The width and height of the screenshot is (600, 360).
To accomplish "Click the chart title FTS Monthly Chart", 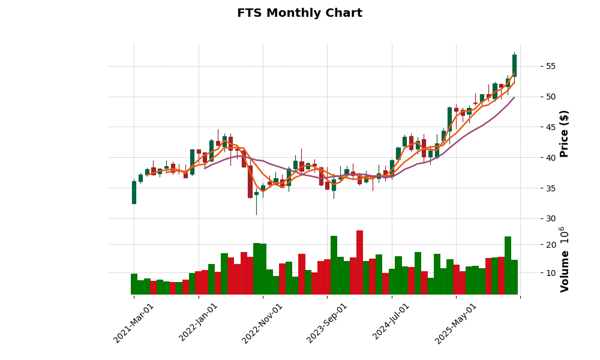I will point(299,13).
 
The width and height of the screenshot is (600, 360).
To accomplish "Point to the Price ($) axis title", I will point(564,133).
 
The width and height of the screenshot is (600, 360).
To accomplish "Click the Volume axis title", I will point(564,260).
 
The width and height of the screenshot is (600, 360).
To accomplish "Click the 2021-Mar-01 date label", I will point(134,323).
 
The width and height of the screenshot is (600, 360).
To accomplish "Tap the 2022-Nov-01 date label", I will point(263,323).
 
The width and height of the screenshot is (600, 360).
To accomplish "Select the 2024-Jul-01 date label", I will point(392,323).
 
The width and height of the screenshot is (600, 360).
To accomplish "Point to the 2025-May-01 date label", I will point(456,323).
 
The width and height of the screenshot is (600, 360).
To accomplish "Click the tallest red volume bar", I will point(359,262).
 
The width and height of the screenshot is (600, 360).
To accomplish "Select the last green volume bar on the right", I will point(514,277).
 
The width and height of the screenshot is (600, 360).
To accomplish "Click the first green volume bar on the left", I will point(134,284).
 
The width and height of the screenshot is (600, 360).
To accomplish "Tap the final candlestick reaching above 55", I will point(514,65).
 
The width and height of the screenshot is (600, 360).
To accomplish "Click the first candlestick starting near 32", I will point(134,192).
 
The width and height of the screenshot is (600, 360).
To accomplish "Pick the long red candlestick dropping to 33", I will point(250,182).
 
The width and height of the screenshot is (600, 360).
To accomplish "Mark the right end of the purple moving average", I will point(514,97).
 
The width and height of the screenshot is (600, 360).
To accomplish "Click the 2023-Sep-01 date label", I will point(327,323).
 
